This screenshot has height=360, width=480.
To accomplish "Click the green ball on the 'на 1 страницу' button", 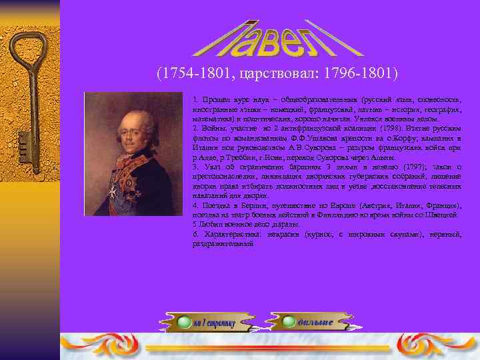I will (183, 323).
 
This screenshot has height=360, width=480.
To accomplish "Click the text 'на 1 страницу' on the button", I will (215, 323).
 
